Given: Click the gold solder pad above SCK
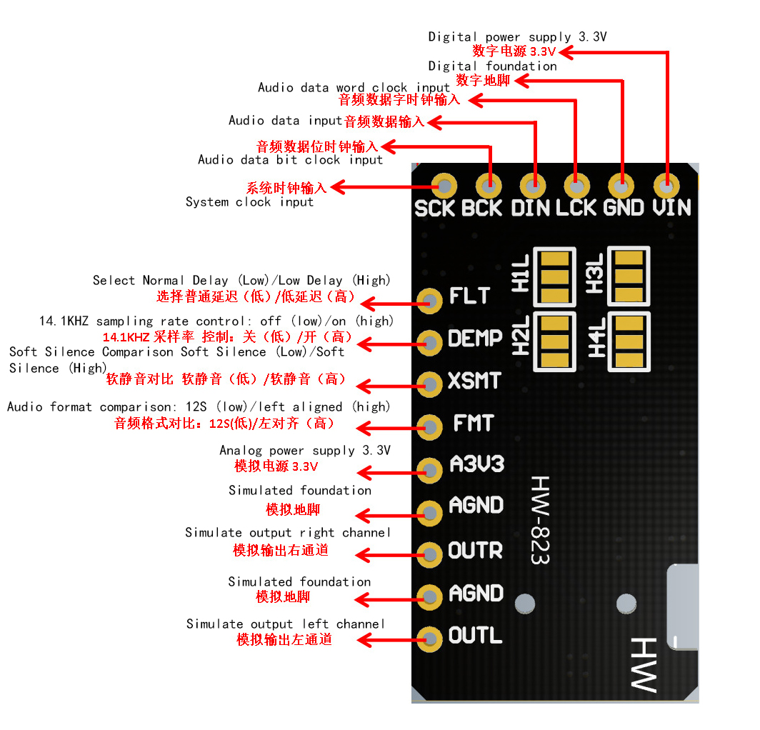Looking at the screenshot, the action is click(444, 186).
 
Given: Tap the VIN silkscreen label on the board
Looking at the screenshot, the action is click(671, 208).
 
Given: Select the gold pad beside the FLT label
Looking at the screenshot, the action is click(429, 301).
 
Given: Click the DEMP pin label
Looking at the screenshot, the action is click(475, 338).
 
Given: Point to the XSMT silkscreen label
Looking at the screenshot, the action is click(474, 381).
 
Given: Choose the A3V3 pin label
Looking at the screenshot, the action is click(477, 464).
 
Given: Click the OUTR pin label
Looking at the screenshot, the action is click(476, 551).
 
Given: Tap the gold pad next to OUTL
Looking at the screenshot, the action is click(429, 639).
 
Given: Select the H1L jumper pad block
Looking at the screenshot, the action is click(554, 276).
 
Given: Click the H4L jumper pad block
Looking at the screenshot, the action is click(629, 341).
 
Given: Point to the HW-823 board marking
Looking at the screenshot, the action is click(540, 519).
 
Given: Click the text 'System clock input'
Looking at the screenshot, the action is click(249, 202).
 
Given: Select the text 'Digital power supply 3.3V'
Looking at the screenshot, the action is click(517, 37).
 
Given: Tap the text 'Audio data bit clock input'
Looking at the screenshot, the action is click(290, 160).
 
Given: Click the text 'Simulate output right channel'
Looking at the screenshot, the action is click(287, 533).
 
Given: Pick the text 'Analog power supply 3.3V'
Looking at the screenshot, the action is click(305, 451).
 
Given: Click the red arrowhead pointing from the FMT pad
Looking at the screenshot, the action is click(364, 428).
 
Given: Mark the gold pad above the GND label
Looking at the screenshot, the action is click(621, 186).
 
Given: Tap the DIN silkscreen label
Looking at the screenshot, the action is click(530, 208).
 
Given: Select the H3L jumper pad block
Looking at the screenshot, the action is click(629, 276).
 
